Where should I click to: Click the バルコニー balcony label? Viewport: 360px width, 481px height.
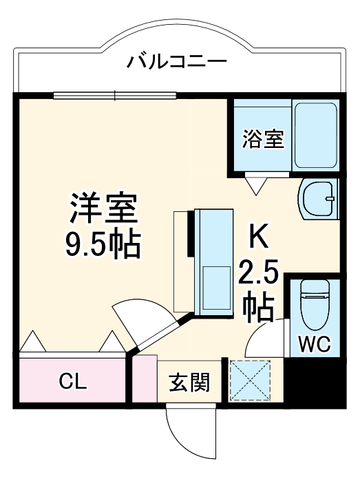176,63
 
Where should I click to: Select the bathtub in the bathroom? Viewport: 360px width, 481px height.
315,136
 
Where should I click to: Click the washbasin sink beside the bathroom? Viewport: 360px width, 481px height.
319,198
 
